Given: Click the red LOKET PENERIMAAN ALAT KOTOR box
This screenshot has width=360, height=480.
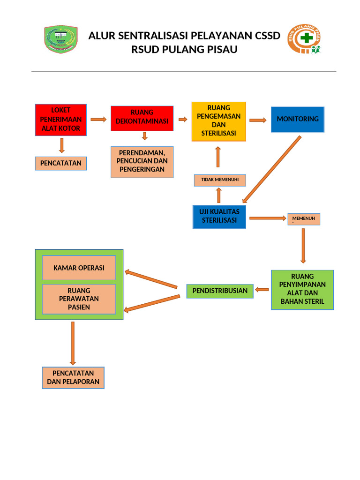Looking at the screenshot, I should coord(61,120).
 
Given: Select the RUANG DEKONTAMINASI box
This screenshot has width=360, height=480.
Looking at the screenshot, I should coord(142,118).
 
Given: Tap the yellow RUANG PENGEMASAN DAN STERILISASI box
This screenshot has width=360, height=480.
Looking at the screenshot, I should coord(219,121).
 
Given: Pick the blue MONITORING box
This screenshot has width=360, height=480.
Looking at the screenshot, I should coord(298,119).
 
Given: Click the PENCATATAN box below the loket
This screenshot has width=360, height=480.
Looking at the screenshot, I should coord(61,163).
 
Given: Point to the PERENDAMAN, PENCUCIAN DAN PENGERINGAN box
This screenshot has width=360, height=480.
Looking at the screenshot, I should coord(142,162).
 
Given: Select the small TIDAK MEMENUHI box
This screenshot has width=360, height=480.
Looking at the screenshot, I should coord(220,180).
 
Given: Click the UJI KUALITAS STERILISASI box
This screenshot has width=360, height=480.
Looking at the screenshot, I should coord(219,217).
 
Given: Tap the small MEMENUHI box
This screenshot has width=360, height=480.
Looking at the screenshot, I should coord(304,219).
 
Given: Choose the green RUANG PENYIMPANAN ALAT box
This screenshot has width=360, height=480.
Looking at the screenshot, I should coord(302,290).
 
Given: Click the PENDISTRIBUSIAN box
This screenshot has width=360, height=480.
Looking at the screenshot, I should coord(220,291).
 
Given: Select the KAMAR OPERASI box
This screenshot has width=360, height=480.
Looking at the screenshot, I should coord(79,268).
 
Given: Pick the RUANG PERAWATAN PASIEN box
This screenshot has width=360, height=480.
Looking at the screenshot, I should coord(79,299).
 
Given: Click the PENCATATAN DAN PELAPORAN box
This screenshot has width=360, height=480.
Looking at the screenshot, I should coord(73,378).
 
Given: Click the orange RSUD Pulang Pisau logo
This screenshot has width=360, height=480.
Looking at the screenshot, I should coord(305,39).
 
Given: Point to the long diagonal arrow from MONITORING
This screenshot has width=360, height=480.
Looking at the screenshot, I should coord(272,169).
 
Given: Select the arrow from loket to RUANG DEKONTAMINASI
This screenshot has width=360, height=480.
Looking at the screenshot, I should coord(98,120).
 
